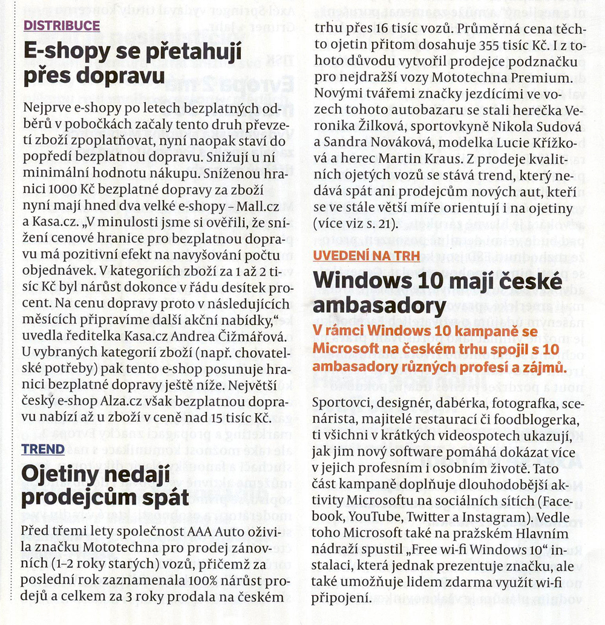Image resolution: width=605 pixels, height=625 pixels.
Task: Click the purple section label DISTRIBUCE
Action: (x=61, y=25)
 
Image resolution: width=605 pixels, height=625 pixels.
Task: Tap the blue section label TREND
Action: (x=43, y=449)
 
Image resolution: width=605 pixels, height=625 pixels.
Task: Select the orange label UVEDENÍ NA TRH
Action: (x=367, y=255)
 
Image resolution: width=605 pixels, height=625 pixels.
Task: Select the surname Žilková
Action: (x=362, y=127)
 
